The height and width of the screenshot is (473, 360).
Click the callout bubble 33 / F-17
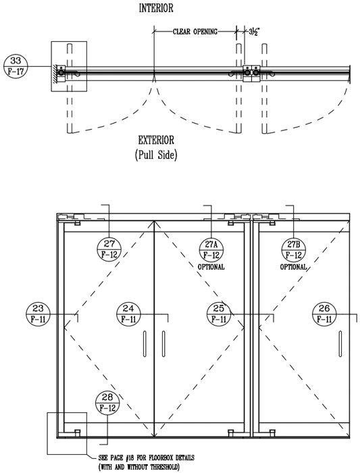pyautogui.click(x=16, y=66)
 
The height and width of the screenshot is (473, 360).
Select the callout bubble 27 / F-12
pyautogui.click(x=109, y=249)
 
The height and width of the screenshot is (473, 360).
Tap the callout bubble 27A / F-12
pyautogui.click(x=211, y=250)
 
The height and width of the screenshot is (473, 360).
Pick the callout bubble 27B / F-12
pyautogui.click(x=293, y=250)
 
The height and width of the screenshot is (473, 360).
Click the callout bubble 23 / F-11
pyautogui.click(x=38, y=314)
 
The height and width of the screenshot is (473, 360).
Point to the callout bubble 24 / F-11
pyautogui.click(x=128, y=314)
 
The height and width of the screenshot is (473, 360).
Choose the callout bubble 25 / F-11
pyautogui.click(x=219, y=314)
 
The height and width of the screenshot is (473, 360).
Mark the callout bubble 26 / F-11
pyautogui.click(x=324, y=314)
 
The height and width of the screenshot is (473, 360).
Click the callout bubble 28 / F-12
pyautogui.click(x=107, y=403)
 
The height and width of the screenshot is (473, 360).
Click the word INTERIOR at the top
pyautogui.click(x=156, y=8)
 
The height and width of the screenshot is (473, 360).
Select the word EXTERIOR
pyautogui.click(x=156, y=141)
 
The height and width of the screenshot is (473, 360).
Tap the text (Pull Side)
pyautogui.click(x=156, y=155)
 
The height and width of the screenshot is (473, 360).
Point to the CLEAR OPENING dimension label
pyautogui.click(x=195, y=31)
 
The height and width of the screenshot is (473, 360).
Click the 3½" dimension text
pyautogui.click(x=254, y=31)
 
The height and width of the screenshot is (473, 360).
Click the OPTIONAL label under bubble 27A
pyautogui.click(x=211, y=267)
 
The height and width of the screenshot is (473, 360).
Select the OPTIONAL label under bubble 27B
pyautogui.click(x=293, y=267)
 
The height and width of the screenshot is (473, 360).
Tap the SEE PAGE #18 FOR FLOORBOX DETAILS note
pyautogui.click(x=147, y=458)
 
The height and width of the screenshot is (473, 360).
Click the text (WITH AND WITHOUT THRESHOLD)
pyautogui.click(x=139, y=468)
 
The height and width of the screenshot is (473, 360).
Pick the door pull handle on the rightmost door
pyautogui.click(x=340, y=344)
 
